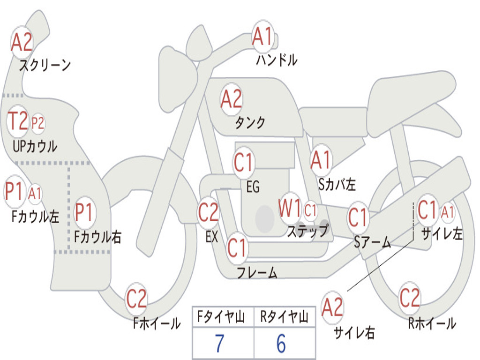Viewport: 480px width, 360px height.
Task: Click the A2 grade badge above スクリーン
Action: click(x=22, y=43)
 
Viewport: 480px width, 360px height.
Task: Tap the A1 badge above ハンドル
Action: click(x=262, y=37)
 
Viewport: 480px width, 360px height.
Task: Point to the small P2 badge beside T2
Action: click(x=37, y=123)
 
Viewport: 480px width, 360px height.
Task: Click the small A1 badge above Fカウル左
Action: click(x=35, y=193)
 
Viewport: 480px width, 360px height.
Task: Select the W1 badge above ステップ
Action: click(x=289, y=209)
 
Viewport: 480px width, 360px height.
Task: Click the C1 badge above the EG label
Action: click(x=243, y=163)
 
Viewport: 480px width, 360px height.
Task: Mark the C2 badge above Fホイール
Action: click(x=136, y=299)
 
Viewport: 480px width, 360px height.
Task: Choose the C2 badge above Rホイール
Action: click(x=409, y=297)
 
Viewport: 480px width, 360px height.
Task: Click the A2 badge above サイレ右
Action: click(x=332, y=307)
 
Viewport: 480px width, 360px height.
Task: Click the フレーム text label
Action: click(x=257, y=272)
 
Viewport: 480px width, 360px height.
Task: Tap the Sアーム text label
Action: click(x=372, y=242)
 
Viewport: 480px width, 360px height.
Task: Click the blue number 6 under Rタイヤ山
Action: click(x=281, y=344)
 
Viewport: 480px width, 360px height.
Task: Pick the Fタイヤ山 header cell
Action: click(x=222, y=317)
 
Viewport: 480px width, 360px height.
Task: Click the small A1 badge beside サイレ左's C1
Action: click(x=448, y=212)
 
